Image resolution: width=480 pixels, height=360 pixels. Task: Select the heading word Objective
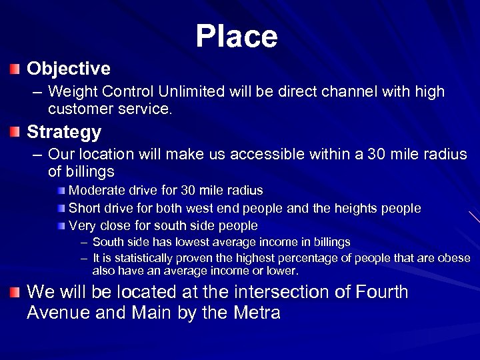pos(68,69)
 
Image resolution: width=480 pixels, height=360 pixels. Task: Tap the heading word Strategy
pos(63,132)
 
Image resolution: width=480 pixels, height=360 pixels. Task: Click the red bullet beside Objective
pos(15,69)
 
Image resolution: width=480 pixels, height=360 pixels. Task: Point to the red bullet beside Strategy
pos(15,132)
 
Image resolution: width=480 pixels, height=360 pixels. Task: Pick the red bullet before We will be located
pos(15,292)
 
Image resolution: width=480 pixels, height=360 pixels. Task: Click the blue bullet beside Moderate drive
pos(61,191)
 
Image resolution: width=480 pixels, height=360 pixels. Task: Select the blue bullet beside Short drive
pos(61,209)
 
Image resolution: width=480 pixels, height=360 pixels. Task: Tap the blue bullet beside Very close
pos(61,226)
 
